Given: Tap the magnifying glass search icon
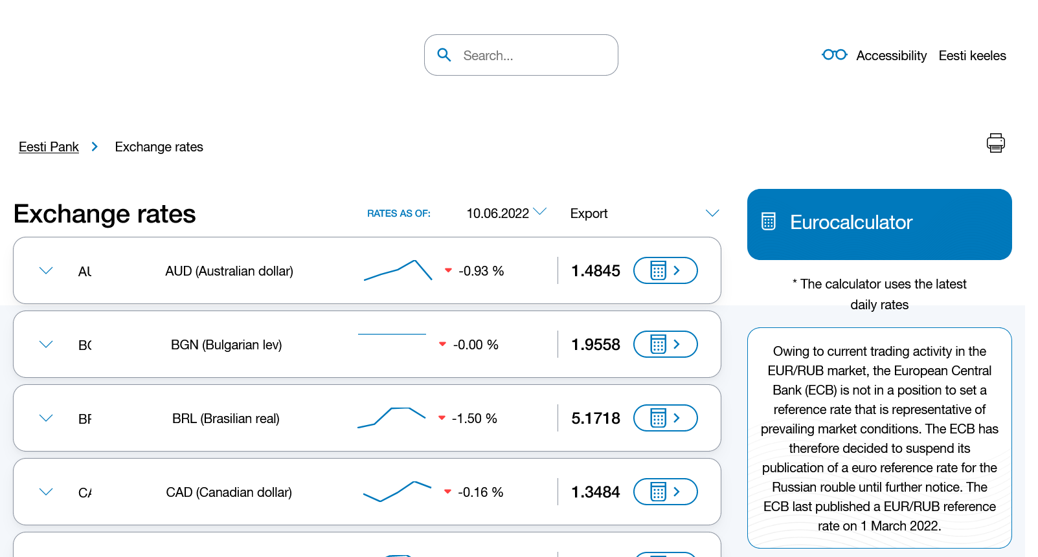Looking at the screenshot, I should (x=444, y=55).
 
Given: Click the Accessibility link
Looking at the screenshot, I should (x=891, y=56).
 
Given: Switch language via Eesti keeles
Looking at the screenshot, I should (x=972, y=56).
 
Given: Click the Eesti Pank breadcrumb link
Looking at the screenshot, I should (x=49, y=147).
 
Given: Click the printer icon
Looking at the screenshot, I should (x=995, y=143).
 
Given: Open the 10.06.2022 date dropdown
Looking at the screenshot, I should (x=506, y=213).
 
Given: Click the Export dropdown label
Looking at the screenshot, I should (x=589, y=213).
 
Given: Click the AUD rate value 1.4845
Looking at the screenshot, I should (x=595, y=271).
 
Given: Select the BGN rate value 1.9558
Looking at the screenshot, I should (x=595, y=345).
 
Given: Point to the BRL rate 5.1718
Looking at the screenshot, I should (x=595, y=419).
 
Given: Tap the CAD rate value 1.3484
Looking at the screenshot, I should (x=595, y=492).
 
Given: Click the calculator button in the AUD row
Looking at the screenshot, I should (x=665, y=270).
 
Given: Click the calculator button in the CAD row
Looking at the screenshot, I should (x=665, y=492).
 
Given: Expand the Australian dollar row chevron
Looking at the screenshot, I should (x=46, y=270).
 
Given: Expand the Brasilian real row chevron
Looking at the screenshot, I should (x=46, y=418).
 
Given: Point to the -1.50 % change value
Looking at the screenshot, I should (x=474, y=419).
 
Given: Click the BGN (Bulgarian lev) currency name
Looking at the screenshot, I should (x=226, y=345).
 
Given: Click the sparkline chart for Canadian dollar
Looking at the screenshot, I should (x=397, y=491).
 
